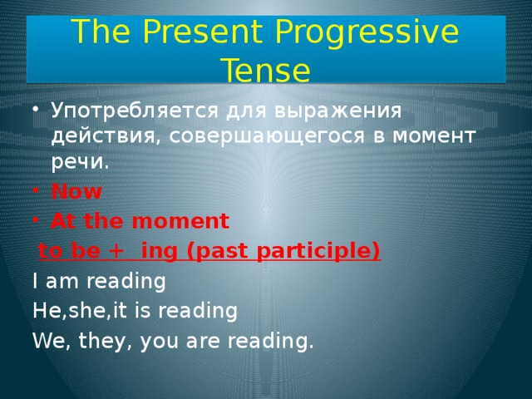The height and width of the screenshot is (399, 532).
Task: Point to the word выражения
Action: click(x=330, y=111)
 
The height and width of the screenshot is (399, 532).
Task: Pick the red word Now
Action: click(x=76, y=192)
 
